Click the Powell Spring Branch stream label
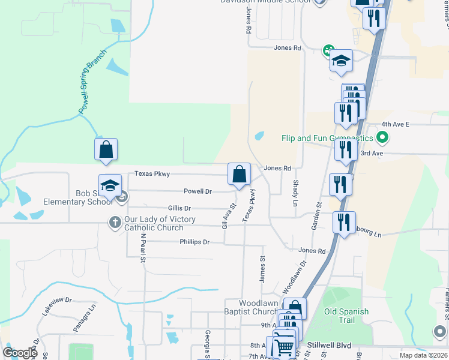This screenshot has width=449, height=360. [92, 82]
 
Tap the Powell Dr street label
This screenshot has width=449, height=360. [197, 191]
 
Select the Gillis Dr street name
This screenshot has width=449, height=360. [179, 208]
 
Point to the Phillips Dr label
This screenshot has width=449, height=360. [194, 242]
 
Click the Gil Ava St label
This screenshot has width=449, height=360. [226, 216]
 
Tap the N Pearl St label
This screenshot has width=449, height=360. [143, 248]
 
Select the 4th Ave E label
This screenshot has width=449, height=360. [394, 124]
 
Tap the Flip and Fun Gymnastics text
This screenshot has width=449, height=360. [328, 138]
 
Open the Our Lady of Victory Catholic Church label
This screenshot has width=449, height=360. [160, 223]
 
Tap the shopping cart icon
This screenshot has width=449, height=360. [283, 347]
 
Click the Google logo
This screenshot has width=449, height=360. [20, 352]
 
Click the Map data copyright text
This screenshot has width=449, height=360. [423, 355]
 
